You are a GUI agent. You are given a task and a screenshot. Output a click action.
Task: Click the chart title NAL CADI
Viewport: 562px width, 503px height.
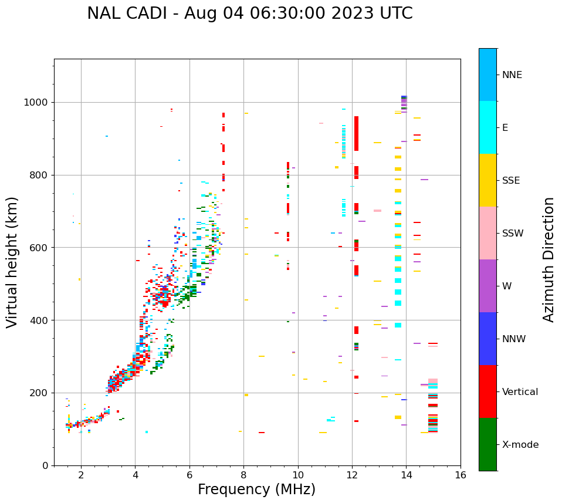pyautogui.click(x=249, y=13)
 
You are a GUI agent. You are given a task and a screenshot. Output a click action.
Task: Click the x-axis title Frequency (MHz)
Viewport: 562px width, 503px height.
pyautogui.click(x=256, y=490)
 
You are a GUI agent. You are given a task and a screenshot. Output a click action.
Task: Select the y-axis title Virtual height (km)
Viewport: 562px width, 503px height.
pyautogui.click(x=13, y=262)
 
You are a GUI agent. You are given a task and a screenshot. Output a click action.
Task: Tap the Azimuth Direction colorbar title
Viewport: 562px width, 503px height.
pyautogui.click(x=549, y=259)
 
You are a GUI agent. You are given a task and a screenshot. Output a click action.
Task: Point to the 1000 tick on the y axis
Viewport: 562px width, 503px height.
pyautogui.click(x=38, y=102)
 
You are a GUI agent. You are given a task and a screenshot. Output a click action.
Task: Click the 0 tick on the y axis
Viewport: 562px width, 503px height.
pyautogui.click(x=46, y=465)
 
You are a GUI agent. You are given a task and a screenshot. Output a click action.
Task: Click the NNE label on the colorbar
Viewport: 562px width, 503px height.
pyautogui.click(x=512, y=75)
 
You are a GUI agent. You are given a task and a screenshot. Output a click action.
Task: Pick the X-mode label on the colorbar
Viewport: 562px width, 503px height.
pyautogui.click(x=520, y=445)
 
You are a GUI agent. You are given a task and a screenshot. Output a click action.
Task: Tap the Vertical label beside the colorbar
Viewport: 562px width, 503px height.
pyautogui.click(x=520, y=392)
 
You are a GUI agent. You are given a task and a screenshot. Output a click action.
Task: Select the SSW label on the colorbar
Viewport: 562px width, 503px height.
pyautogui.click(x=513, y=234)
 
